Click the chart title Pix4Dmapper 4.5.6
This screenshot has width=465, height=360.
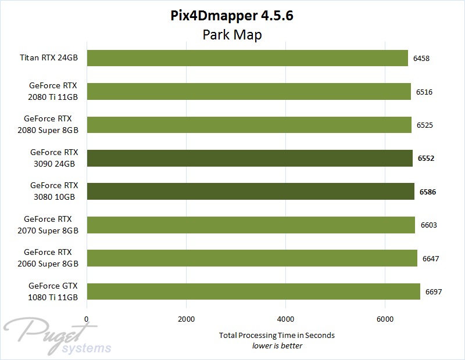pos(232,16)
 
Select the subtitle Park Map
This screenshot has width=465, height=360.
pos(232,35)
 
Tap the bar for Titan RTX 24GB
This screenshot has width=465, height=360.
pos(247,58)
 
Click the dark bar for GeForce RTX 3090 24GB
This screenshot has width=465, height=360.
pos(249,158)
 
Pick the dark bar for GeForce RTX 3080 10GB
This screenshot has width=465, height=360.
pos(250,191)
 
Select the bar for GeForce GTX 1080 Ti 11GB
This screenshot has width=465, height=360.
pos(253,291)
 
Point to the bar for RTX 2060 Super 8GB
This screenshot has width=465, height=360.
pos(252,258)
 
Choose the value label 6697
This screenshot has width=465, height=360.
pos(434,291)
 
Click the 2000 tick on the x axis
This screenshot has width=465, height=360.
pos(186,319)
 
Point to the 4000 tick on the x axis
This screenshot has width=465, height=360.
pos(285,319)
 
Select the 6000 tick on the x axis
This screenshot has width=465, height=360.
pos(385,319)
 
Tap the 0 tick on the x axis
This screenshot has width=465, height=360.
pos(87,319)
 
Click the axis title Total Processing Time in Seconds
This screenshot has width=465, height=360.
pos(277,336)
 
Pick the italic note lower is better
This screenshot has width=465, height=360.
pos(277,346)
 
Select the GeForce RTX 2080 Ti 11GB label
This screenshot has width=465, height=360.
pos(53,92)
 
